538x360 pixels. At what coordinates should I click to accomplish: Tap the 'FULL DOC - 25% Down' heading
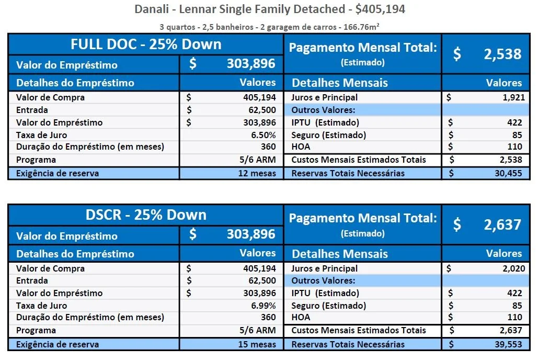pos(146,44)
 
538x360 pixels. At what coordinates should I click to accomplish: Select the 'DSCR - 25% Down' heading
pos(146,215)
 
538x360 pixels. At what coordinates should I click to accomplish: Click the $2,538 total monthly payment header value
pos(502,54)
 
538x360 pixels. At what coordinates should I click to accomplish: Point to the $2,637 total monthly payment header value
pos(502,224)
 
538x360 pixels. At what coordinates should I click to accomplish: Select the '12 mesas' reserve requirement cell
pos(257,173)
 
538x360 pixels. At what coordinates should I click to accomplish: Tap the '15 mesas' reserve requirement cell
pos(257,344)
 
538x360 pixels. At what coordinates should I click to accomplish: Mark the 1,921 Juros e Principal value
pos(510,97)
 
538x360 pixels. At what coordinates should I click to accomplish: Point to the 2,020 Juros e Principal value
pos(510,268)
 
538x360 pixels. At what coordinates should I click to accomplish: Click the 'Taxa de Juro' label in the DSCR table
pos(42,306)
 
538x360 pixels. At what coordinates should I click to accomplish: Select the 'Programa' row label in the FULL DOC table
pos(36,160)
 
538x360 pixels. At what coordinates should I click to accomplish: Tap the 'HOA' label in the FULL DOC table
pos(301,147)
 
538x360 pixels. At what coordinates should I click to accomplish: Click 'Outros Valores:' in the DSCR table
pos(323,280)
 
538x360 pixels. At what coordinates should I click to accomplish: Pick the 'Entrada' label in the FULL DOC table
pos(32,110)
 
